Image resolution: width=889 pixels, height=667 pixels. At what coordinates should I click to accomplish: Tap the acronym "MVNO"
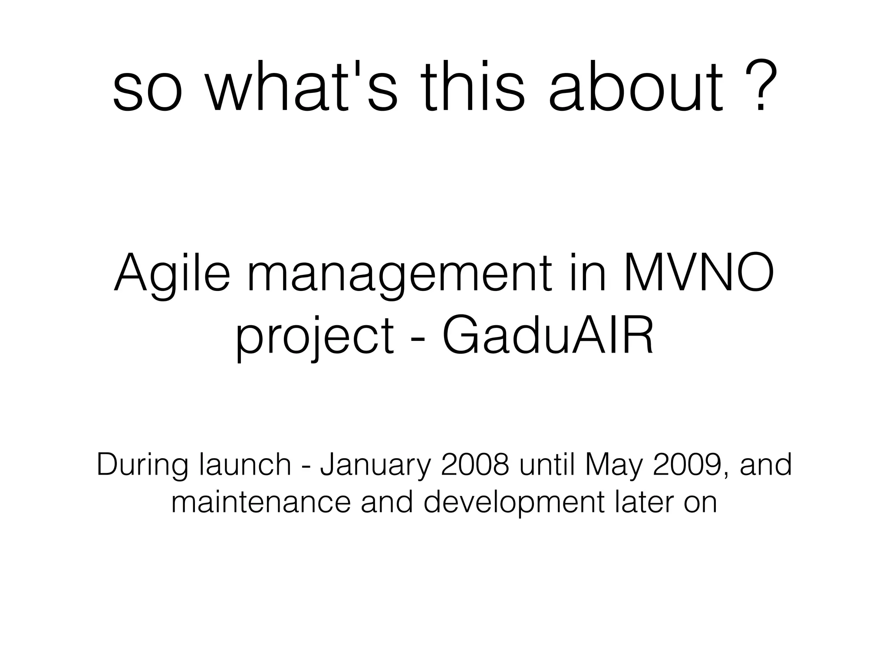pos(698,274)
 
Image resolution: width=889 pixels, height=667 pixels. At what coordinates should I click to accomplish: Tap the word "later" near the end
pos(643,502)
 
